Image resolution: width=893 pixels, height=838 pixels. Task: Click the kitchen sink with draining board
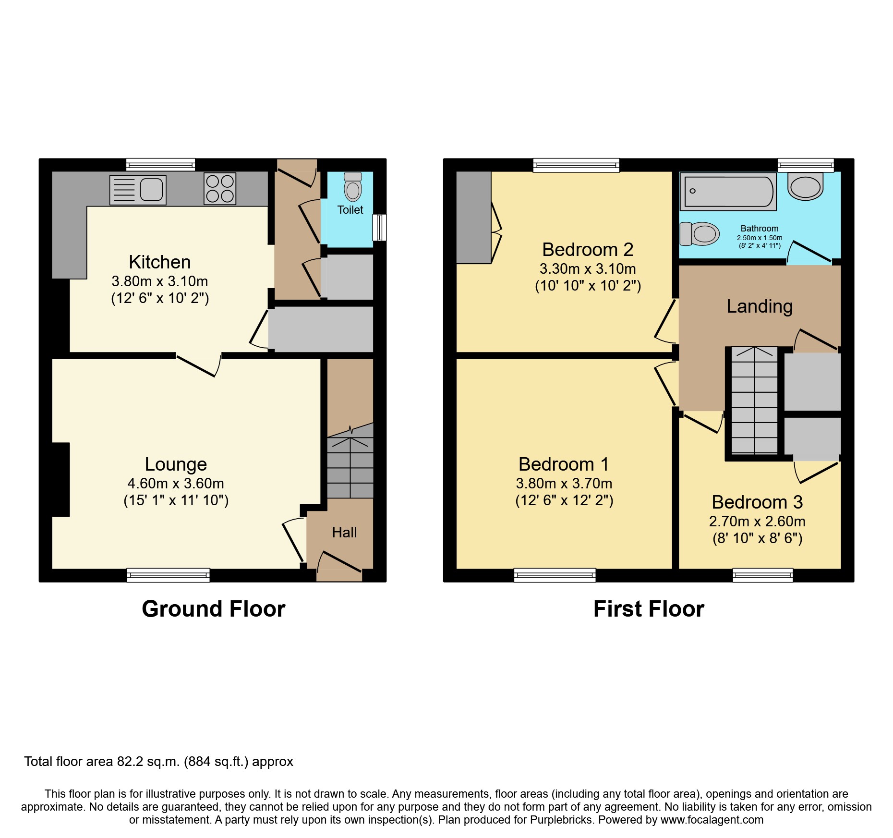pos(138,190)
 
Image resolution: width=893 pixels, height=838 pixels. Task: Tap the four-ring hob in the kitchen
pos(220,189)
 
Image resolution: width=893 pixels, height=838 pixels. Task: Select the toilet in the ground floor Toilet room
pos(353,186)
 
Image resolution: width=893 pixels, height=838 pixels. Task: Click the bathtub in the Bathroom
pos(728,191)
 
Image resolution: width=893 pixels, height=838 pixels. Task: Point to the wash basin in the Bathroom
pos(806,186)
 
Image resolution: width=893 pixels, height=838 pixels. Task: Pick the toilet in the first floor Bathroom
pos(700,234)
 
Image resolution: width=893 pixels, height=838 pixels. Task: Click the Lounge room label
pos(176,464)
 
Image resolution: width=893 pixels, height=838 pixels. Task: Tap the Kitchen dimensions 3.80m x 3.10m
pos(160,281)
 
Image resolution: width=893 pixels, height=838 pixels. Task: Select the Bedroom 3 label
pos(757,502)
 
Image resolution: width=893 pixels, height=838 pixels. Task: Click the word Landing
pos(760,307)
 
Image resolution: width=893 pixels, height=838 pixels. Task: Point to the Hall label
pos(344,532)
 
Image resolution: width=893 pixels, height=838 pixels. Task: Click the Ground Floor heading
pos(214,609)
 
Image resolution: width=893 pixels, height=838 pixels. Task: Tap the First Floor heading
pos(649,609)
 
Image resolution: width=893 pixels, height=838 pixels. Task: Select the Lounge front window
pos(169,575)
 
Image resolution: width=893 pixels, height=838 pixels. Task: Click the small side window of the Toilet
pos(379,227)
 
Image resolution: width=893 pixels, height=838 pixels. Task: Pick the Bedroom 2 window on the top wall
pos(576,165)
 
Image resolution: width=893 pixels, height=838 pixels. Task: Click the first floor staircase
pos(754,400)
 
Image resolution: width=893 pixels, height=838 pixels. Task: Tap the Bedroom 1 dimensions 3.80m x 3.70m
pos(564,484)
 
